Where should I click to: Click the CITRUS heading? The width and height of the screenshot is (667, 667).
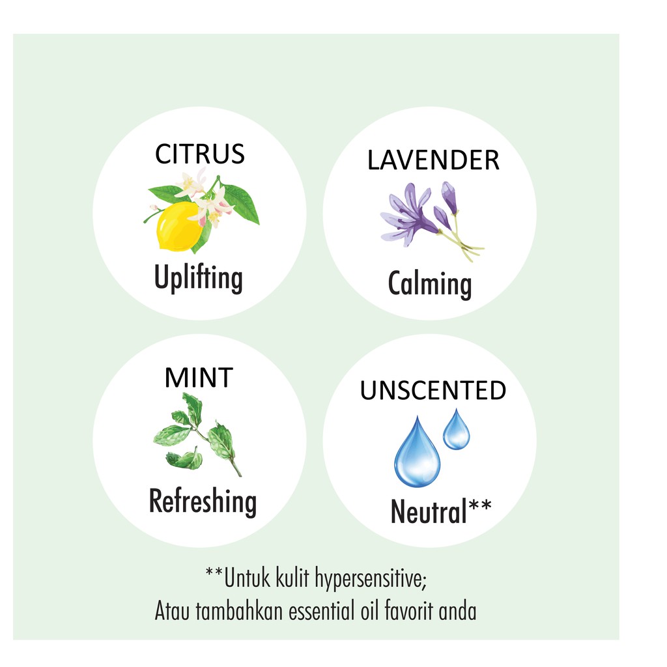pyautogui.click(x=199, y=154)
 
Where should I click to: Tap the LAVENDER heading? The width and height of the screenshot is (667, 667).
pyautogui.click(x=433, y=160)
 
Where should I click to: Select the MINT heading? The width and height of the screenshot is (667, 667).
pyautogui.click(x=199, y=378)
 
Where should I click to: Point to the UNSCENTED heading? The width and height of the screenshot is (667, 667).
pyautogui.click(x=433, y=391)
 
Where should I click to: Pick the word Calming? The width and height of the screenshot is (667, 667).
pyautogui.click(x=430, y=285)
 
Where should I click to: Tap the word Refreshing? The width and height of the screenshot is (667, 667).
pyautogui.click(x=203, y=502)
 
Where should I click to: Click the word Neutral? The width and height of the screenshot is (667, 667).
pyautogui.click(x=429, y=513)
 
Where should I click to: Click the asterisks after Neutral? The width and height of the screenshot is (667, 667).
pyautogui.click(x=480, y=505)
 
